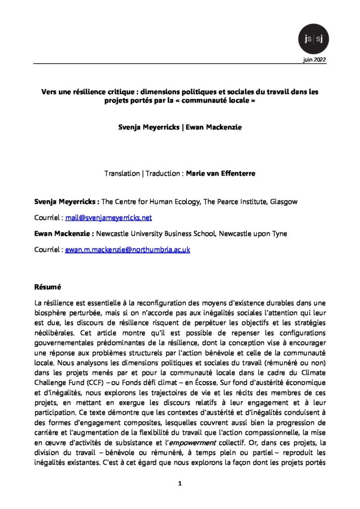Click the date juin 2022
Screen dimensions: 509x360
tap(314, 60)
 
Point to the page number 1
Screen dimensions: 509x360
tap(180, 482)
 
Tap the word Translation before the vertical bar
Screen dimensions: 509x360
tap(122, 174)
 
